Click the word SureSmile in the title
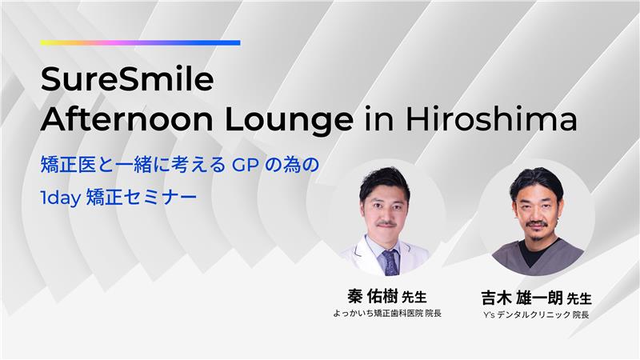click(x=127, y=81)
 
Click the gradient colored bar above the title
click(x=140, y=42)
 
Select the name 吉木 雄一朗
click(x=521, y=298)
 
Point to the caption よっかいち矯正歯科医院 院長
click(x=387, y=313)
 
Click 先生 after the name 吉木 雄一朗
click(x=579, y=298)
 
